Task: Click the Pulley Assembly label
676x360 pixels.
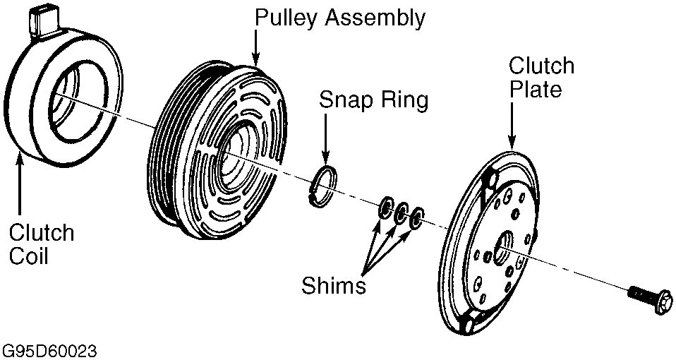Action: point(339,18)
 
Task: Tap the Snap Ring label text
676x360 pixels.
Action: point(373,100)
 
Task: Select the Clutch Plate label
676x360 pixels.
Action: point(541,78)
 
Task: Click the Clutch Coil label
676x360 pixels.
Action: point(42,244)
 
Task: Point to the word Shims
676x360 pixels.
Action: point(334,285)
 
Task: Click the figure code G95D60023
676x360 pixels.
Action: point(49,351)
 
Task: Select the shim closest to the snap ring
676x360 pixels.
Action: point(385,208)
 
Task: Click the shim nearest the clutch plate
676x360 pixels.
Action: point(417,217)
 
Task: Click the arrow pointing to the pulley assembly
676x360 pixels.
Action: point(255,48)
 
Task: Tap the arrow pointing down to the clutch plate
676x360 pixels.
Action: point(512,125)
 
